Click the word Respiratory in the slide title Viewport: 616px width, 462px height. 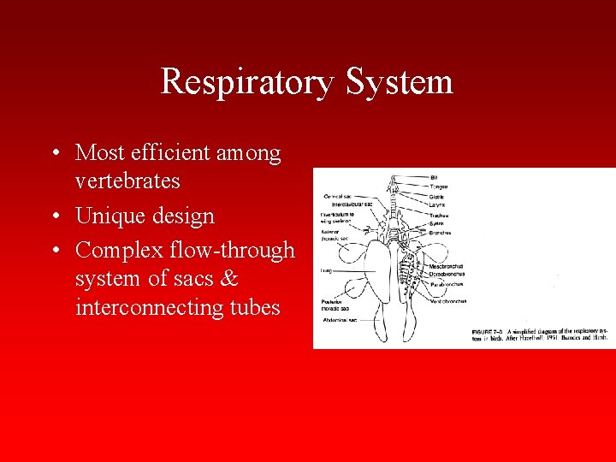pyautogui.click(x=248, y=83)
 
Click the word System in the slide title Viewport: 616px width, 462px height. pyautogui.click(x=400, y=83)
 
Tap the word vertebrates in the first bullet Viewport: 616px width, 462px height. pyautogui.click(x=127, y=181)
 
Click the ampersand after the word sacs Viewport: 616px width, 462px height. pyautogui.click(x=228, y=279)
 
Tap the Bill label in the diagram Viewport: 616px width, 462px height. pyautogui.click(x=434, y=177)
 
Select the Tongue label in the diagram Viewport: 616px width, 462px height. pyautogui.click(x=439, y=187)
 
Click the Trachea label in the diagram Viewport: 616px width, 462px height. pyautogui.click(x=439, y=215)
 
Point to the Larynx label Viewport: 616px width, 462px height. pyautogui.click(x=437, y=205)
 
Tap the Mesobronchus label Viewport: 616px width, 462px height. pyautogui.click(x=446, y=266)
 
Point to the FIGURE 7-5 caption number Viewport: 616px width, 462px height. pyautogui.click(x=489, y=330)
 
